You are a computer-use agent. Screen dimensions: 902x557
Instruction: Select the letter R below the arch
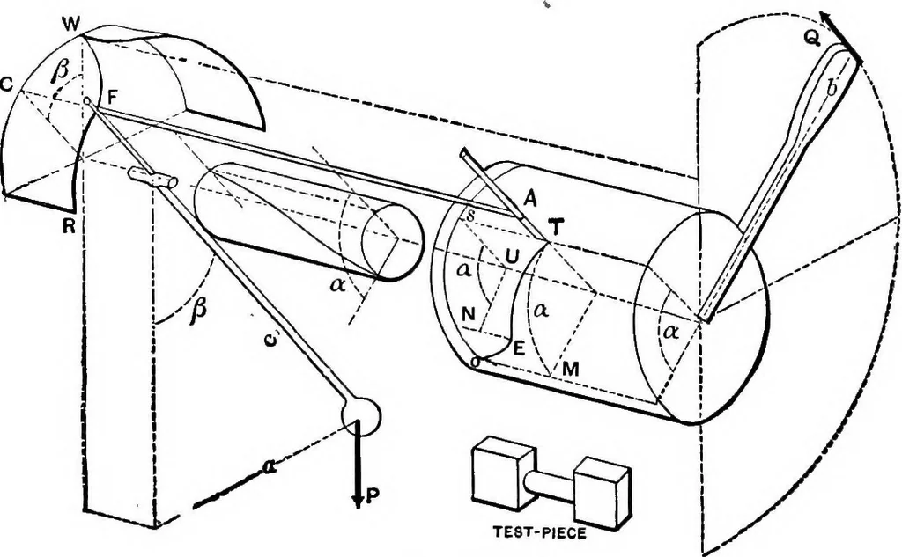click(69, 227)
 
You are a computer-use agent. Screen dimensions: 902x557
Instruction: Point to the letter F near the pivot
click(113, 93)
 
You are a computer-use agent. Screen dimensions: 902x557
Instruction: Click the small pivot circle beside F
click(87, 102)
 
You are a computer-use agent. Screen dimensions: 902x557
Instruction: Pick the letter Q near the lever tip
click(810, 38)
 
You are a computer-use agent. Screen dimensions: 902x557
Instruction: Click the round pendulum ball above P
click(361, 414)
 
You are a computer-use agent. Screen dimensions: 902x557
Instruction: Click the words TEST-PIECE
click(540, 533)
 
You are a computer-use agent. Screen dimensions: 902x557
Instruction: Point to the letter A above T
click(529, 200)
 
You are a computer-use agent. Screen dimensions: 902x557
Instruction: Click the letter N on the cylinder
click(469, 314)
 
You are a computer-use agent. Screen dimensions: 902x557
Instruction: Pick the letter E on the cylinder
click(518, 349)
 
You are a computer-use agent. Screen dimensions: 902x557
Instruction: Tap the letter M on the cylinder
click(570, 370)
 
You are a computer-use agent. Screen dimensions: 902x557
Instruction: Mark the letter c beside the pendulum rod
click(270, 340)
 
